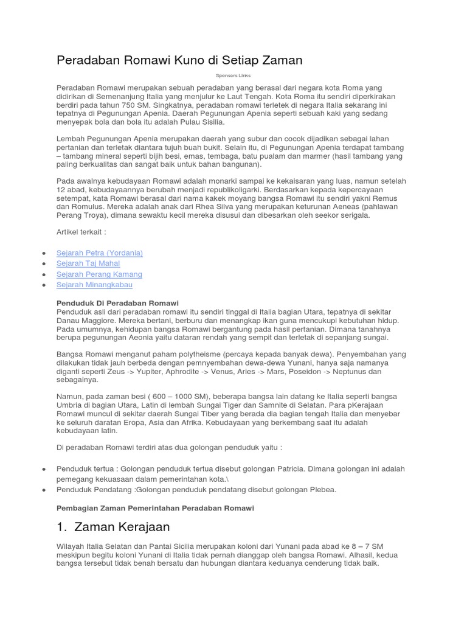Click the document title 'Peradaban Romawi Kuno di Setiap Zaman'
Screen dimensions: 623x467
179,61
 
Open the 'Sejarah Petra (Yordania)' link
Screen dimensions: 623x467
100,252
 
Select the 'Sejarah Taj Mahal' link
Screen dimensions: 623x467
88,263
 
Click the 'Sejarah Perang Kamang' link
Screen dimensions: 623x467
99,274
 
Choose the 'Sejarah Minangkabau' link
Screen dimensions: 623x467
94,285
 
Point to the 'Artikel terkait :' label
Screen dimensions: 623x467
81,232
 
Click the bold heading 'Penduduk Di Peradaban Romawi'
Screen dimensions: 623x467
117,303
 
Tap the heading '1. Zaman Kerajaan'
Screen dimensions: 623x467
113,526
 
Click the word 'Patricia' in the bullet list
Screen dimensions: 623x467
284,469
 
